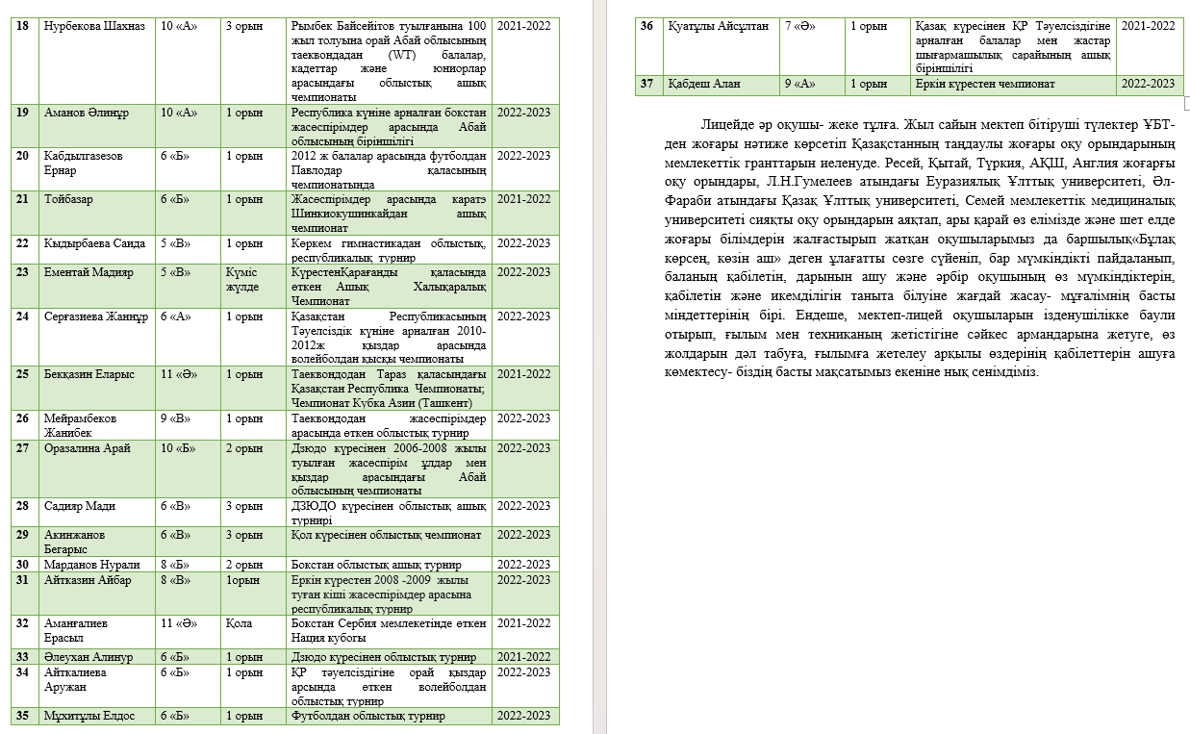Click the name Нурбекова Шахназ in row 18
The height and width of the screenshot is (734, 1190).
pos(94,26)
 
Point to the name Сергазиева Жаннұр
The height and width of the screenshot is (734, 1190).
pos(95,316)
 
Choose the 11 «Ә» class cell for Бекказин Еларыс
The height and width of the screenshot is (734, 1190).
pos(179,374)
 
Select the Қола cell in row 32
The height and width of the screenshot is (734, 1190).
pos(240,623)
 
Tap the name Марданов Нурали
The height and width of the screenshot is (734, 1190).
pos(91,565)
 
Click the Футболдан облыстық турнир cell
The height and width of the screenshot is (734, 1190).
pos(367,716)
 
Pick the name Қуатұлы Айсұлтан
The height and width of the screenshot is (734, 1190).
pos(718,26)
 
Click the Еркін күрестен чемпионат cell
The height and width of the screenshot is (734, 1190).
pos(985,84)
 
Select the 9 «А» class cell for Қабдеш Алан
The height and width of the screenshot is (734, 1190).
pos(800,84)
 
